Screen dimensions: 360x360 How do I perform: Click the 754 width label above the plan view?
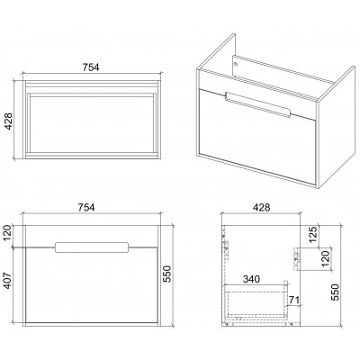[x=91, y=67]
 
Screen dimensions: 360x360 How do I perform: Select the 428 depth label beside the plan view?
[x=9, y=121]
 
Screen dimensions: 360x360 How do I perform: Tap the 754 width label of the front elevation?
[x=86, y=207]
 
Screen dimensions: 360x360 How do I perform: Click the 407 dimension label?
[x=7, y=280]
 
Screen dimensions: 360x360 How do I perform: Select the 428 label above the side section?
[x=261, y=207]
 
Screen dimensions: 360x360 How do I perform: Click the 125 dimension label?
[x=313, y=234]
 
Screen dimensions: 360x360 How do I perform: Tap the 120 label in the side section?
[x=326, y=259]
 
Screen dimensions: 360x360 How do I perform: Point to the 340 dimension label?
[x=251, y=279]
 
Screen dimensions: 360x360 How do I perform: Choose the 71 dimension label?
[x=294, y=300]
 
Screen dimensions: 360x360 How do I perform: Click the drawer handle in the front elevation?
[x=92, y=247]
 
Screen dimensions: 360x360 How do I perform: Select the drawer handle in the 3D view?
[x=256, y=104]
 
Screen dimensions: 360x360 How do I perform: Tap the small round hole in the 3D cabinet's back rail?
[x=236, y=64]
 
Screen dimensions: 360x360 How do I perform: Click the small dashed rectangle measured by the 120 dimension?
[x=297, y=259]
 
